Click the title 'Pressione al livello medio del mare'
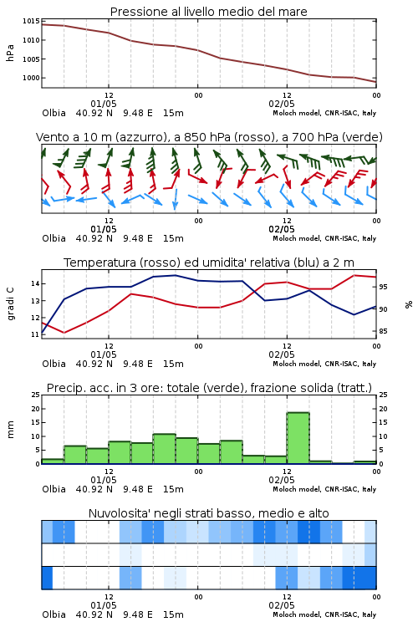tap(208, 12)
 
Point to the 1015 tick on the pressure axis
tap(31, 21)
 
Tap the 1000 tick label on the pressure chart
tap(31, 78)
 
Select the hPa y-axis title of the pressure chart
tap(10, 53)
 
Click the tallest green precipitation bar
tap(298, 438)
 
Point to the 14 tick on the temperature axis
tap(35, 284)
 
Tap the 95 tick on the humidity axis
tap(383, 287)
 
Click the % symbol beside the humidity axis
tap(409, 304)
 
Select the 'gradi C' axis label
tap(10, 304)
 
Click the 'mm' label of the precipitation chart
tap(10, 430)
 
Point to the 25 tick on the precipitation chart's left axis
tap(35, 395)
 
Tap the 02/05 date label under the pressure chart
tap(282, 104)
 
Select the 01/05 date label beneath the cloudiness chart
tap(104, 605)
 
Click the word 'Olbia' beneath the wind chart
tap(54, 238)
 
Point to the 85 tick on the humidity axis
tap(383, 331)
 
